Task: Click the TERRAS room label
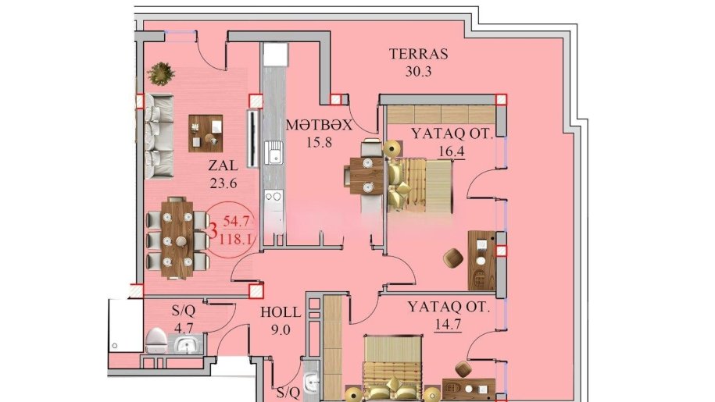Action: pyautogui.click(x=418, y=55)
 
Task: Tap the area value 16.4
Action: pyautogui.click(x=452, y=151)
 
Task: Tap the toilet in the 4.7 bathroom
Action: pyautogui.click(x=155, y=340)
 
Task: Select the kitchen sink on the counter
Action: pyautogui.click(x=273, y=154)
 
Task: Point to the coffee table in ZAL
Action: pyautogui.click(x=206, y=133)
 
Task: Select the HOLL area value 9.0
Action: pyautogui.click(x=279, y=329)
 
